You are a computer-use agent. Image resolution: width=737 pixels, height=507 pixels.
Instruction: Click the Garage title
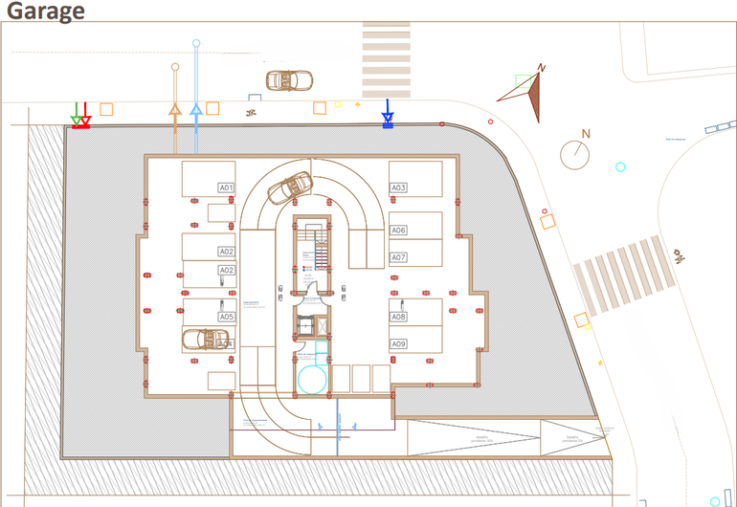(x=45, y=11)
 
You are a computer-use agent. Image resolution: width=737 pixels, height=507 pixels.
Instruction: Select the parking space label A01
(x=226, y=187)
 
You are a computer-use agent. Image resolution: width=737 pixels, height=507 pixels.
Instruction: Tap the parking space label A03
(x=398, y=187)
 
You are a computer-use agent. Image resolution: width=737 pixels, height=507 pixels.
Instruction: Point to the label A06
(x=398, y=231)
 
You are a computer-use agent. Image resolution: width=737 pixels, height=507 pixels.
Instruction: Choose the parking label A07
(x=398, y=257)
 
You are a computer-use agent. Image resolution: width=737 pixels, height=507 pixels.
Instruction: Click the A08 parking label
(x=398, y=317)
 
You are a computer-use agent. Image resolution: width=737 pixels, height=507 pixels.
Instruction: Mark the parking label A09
(x=398, y=343)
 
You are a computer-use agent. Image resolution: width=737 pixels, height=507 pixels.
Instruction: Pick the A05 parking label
(x=226, y=317)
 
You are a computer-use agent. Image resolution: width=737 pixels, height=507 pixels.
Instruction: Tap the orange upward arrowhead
(x=175, y=109)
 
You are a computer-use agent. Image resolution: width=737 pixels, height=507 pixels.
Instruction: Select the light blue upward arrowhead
(x=196, y=109)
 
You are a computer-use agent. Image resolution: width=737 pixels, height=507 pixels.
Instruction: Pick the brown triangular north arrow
(x=526, y=94)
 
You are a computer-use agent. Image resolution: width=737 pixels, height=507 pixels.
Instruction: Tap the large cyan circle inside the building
(x=312, y=380)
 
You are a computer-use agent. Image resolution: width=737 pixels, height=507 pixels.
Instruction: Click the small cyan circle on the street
(x=620, y=167)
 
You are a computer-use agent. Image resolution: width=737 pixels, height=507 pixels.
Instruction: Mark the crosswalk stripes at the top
(x=387, y=43)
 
